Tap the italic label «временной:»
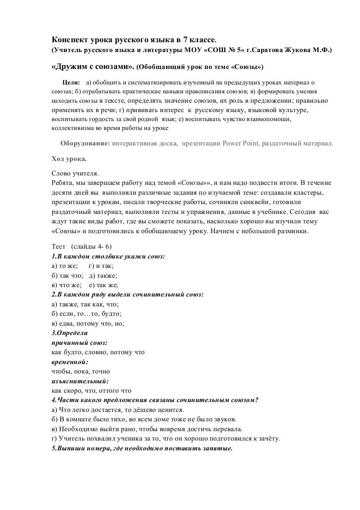[x=69, y=361]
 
